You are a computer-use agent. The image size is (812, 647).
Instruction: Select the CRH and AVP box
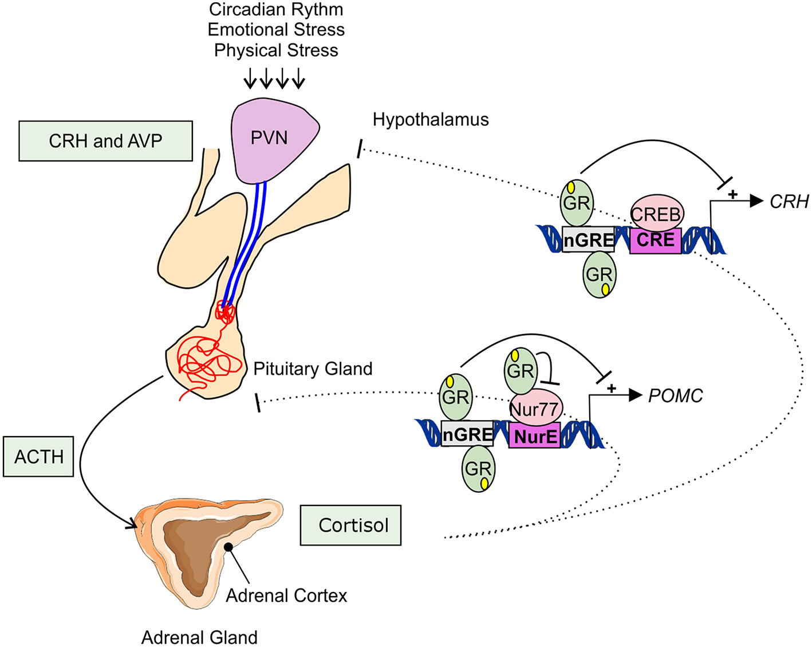[x=105, y=141]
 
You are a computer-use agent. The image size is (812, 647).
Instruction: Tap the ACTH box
[x=38, y=457]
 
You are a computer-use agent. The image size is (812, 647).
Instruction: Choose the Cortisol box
[x=350, y=525]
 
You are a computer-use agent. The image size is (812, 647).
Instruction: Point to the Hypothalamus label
[x=431, y=120]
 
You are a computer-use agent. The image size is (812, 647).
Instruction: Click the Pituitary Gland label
[x=313, y=368]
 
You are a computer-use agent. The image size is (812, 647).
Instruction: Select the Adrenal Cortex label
[x=286, y=596]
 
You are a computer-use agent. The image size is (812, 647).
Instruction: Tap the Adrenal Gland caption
[x=199, y=637]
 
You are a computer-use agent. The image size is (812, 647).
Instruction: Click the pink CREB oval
[x=657, y=213]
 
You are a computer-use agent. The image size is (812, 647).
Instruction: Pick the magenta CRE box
[x=656, y=240]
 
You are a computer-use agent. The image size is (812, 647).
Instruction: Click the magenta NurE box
[x=535, y=437]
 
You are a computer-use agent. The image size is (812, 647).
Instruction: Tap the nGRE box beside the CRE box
[x=589, y=240]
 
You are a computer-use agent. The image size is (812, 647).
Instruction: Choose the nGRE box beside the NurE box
[x=468, y=434]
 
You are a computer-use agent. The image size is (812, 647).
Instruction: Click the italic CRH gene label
[x=789, y=202]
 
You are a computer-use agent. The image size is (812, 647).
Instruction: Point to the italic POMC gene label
[x=675, y=396]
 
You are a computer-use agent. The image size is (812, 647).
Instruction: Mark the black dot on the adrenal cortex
[x=228, y=547]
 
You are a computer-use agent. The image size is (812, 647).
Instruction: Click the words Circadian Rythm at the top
[x=276, y=10]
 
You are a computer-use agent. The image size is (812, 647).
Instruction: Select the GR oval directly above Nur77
[x=521, y=370]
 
